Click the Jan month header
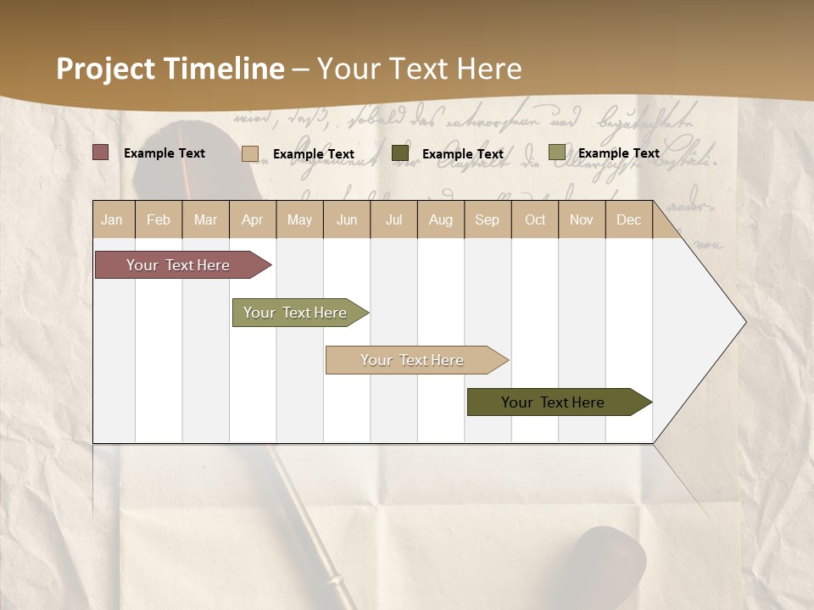[x=112, y=219]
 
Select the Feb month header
[x=159, y=219]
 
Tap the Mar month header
[x=205, y=219]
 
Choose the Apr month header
[x=253, y=219]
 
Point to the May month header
[x=299, y=219]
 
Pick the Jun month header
[x=347, y=219]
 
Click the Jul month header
[x=393, y=219]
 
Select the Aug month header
[x=441, y=219]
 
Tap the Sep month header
[x=488, y=219]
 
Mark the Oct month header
[x=535, y=219]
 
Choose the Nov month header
[x=582, y=219]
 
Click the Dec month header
[x=629, y=219]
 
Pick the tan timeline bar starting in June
[x=413, y=360]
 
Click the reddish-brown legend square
[x=101, y=152]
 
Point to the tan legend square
[x=250, y=153]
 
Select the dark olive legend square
[x=400, y=153]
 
